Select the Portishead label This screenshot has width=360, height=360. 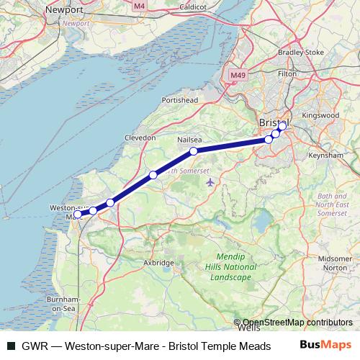pyautogui.click(x=180, y=99)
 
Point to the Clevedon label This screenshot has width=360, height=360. pyautogui.click(x=140, y=137)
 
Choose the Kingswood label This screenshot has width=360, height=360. pyautogui.click(x=320, y=114)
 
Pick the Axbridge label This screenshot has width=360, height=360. pyautogui.click(x=159, y=263)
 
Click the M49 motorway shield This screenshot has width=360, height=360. pyautogui.click(x=237, y=75)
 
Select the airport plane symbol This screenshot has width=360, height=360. pyautogui.click(x=210, y=181)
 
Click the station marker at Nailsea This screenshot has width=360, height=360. pyautogui.click(x=194, y=150)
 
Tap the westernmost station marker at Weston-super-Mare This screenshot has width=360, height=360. pyautogui.click(x=78, y=214)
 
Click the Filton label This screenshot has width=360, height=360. pyautogui.click(x=287, y=73)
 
